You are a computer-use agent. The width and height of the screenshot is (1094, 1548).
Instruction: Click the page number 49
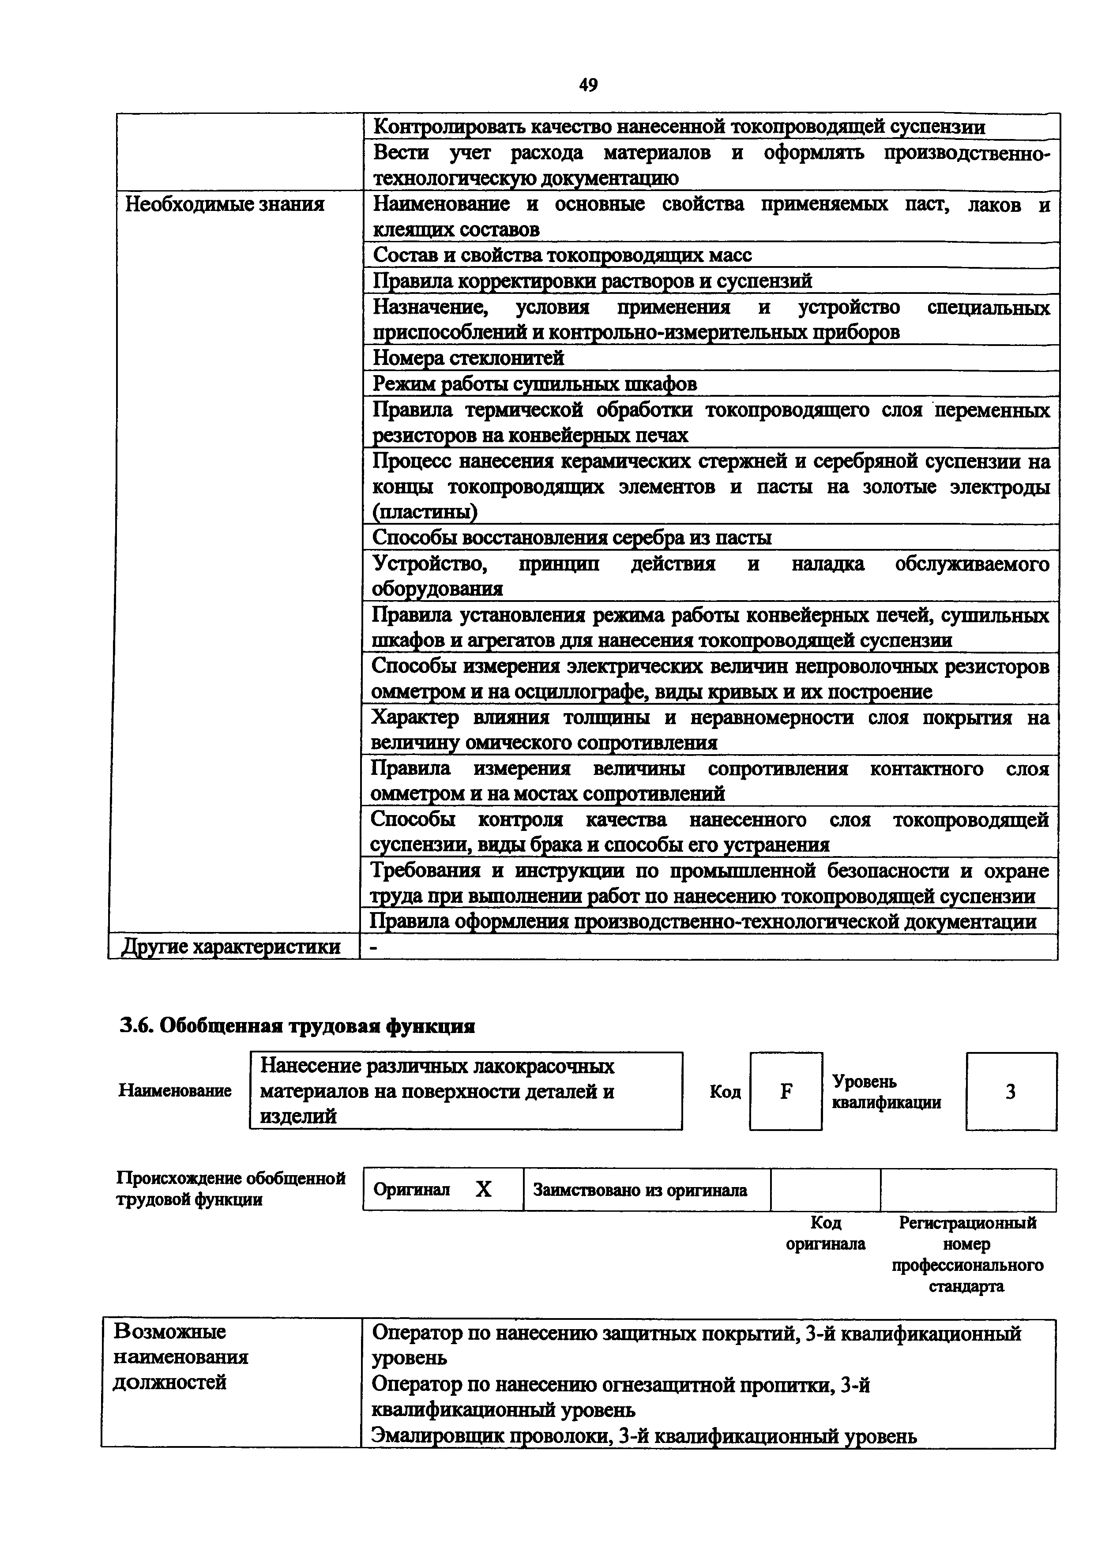point(588,85)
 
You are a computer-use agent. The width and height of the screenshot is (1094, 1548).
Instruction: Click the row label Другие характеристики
point(230,947)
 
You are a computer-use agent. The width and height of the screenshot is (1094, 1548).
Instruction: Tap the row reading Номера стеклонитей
point(469,358)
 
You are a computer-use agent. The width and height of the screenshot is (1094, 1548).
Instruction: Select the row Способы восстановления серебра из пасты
point(571,537)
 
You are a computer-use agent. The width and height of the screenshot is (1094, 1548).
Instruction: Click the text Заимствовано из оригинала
point(640,1191)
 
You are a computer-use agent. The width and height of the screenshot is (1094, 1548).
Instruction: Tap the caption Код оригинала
point(825,1233)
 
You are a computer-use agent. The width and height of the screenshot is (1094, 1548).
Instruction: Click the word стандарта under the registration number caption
point(966,1286)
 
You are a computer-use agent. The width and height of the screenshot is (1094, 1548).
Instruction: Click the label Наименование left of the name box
point(175,1091)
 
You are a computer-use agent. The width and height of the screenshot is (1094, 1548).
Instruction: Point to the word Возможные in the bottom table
point(170,1332)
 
